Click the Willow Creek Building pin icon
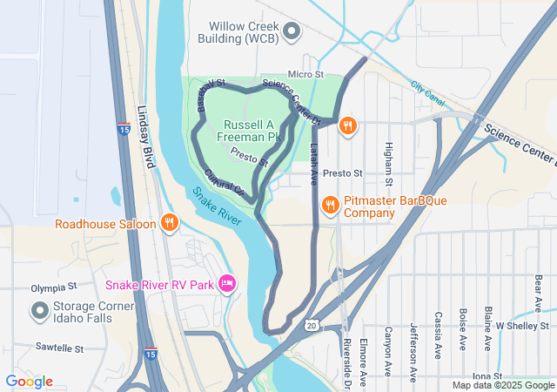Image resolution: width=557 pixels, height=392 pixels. [x=292, y=32]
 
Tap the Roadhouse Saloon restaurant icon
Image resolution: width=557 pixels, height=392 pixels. [x=170, y=223]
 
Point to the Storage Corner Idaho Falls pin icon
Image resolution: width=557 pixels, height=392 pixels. [x=40, y=309]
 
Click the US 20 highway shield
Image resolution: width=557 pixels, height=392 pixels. [x=311, y=325]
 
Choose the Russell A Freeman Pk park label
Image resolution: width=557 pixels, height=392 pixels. [x=252, y=131]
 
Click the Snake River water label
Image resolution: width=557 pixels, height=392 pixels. [x=218, y=206]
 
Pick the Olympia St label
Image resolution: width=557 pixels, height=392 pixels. [x=54, y=286]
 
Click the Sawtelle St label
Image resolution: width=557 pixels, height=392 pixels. [x=59, y=348]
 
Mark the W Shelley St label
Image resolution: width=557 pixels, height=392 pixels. [x=519, y=325]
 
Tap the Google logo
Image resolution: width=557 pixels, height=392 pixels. [x=29, y=381]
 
